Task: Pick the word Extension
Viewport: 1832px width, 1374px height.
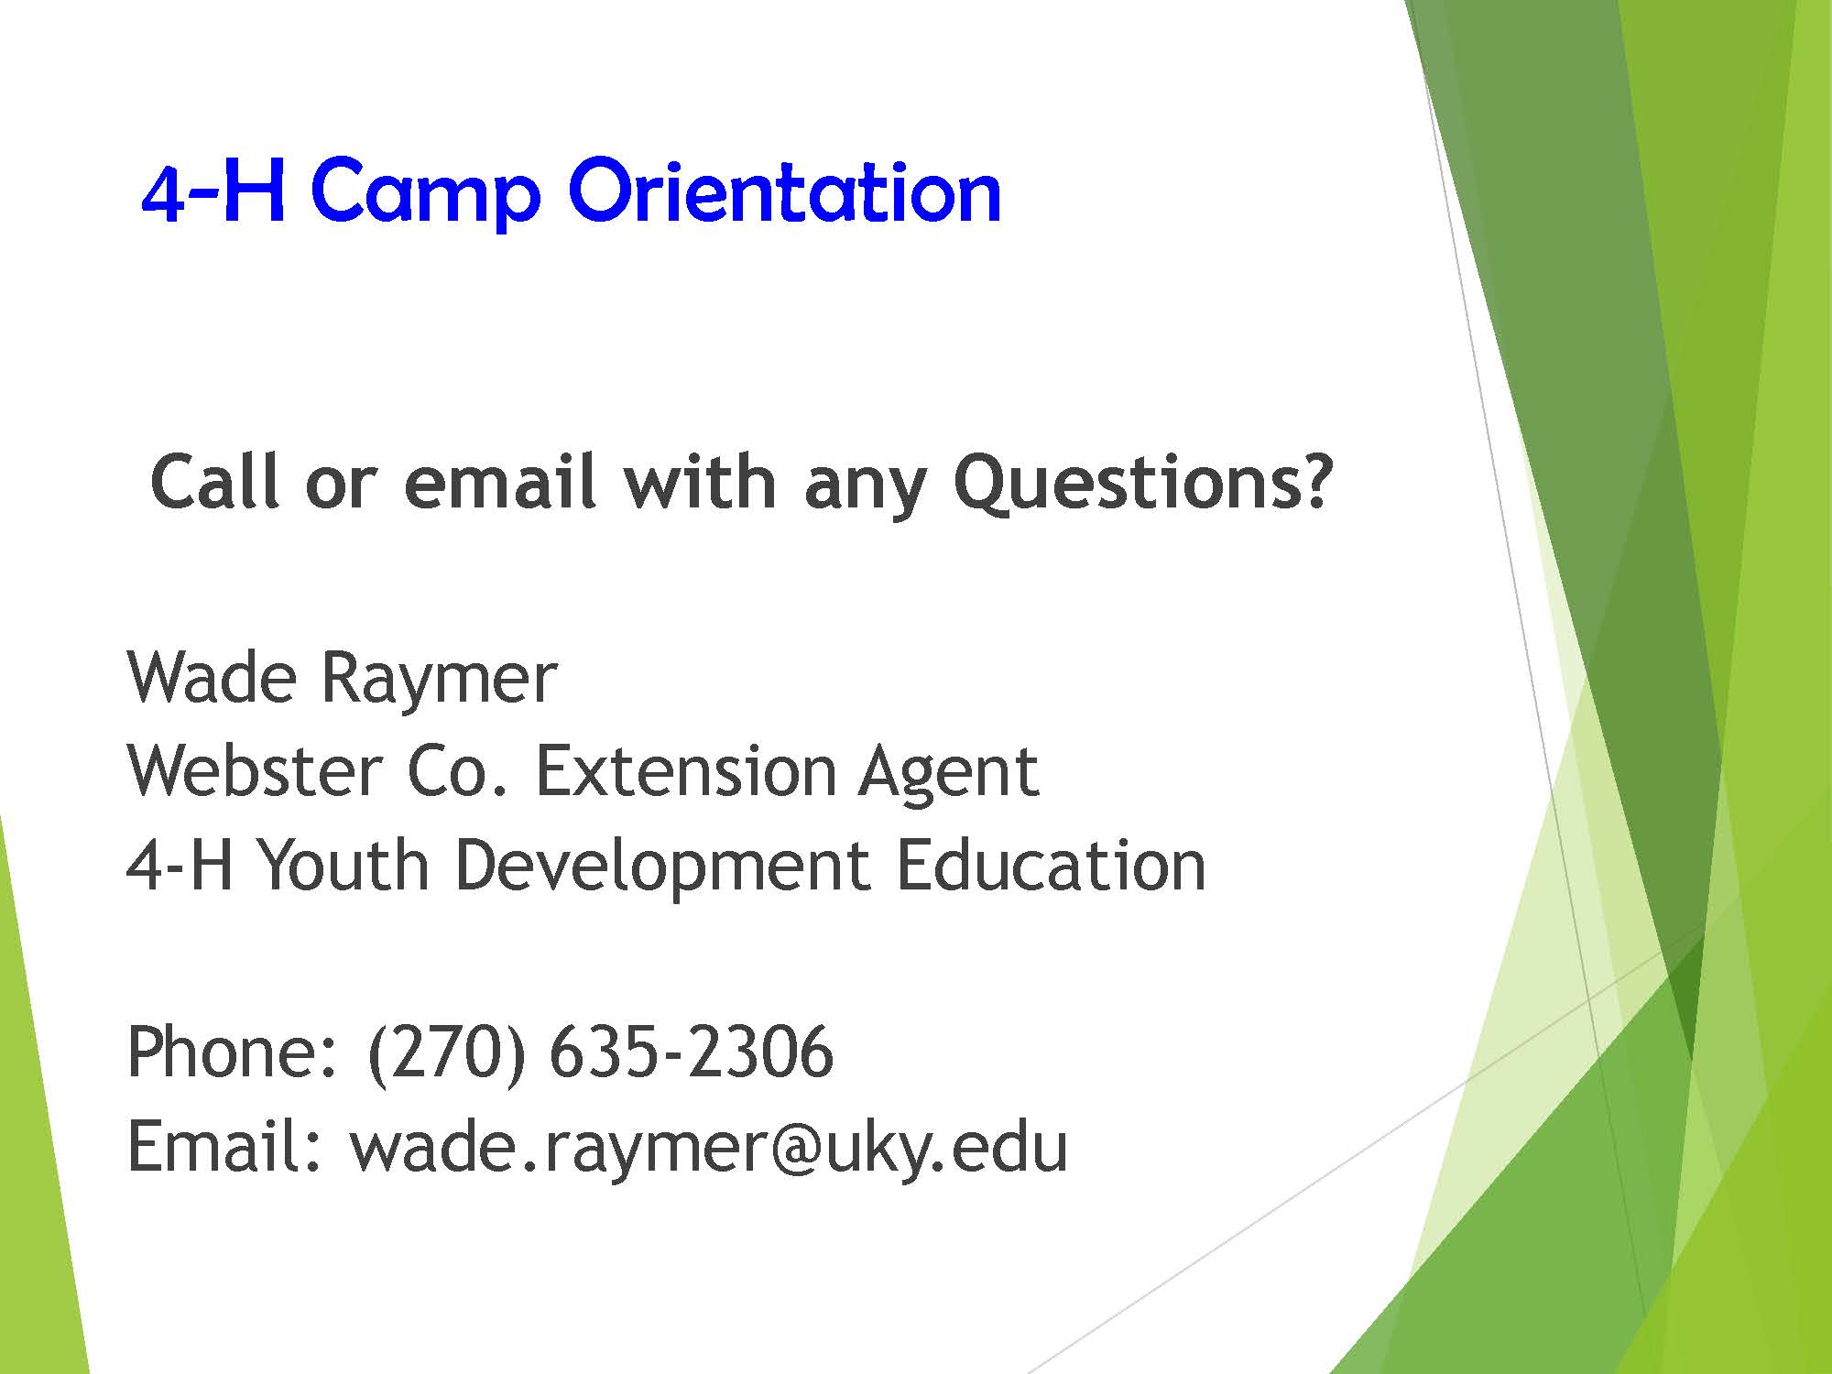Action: (685, 771)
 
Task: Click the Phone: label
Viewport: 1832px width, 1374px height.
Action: (233, 1051)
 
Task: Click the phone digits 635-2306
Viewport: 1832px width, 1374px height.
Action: (691, 1052)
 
